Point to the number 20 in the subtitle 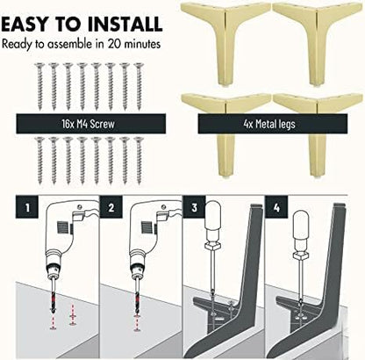[115, 44]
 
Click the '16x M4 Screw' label [88, 124]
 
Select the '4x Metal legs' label [269, 124]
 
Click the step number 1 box [27, 207]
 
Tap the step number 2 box [111, 207]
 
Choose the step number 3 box [195, 207]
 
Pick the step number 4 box [276, 207]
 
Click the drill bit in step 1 [53, 298]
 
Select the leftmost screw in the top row [39, 87]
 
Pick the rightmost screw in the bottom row [139, 161]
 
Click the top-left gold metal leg [225, 44]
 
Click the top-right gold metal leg [318, 44]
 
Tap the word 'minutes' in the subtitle [142, 44]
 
